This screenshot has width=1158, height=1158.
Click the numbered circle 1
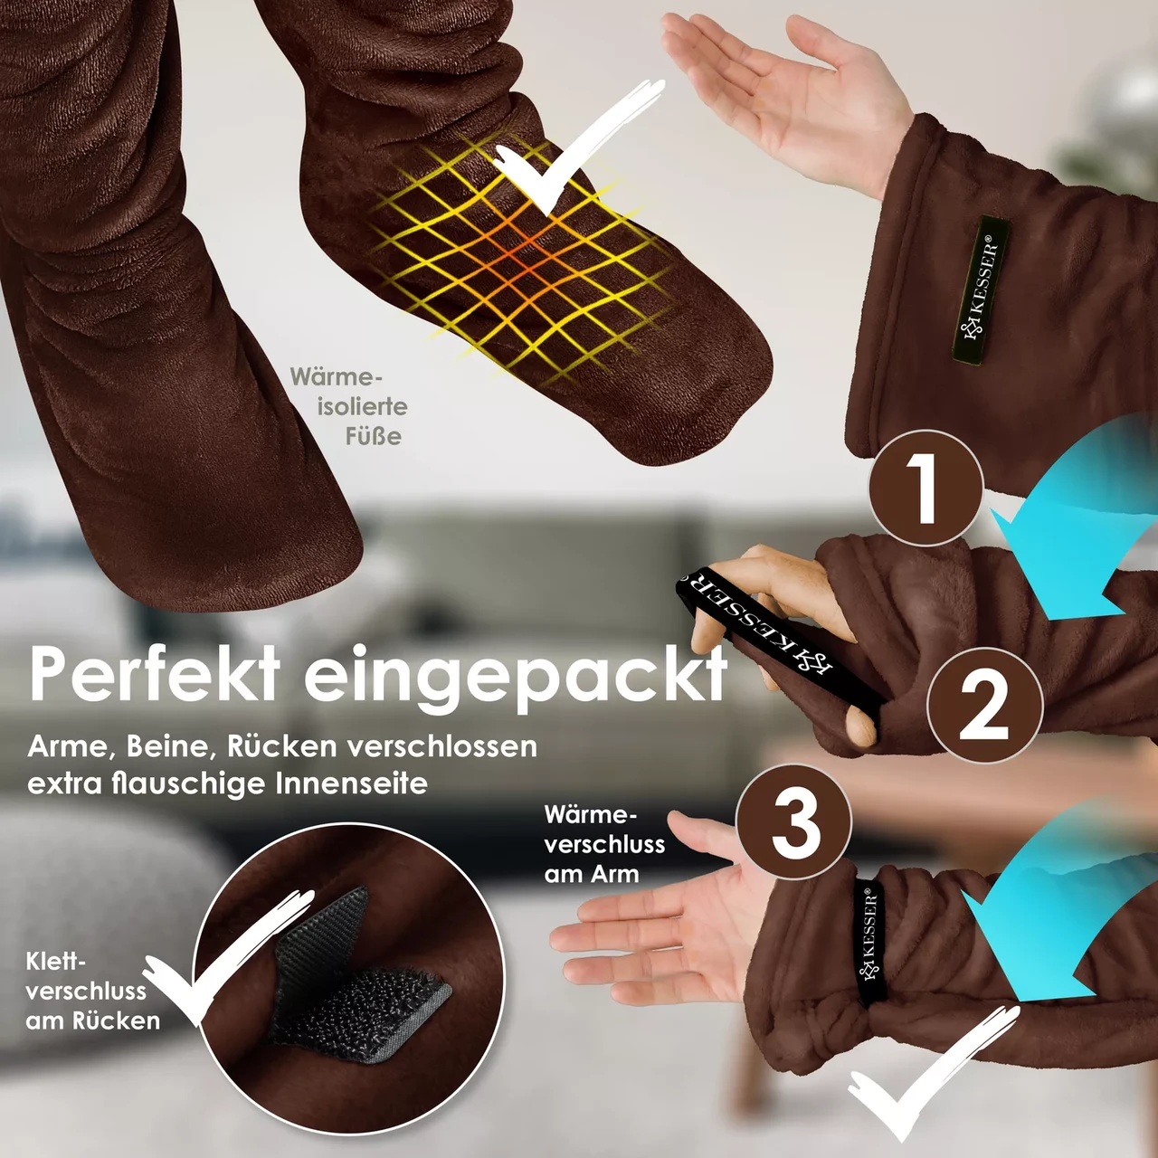point(926,488)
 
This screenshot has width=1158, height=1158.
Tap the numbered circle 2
point(985,706)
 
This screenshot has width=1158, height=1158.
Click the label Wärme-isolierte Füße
point(349,407)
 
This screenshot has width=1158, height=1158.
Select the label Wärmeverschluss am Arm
point(604,844)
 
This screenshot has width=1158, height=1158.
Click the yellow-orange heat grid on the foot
point(517,259)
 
